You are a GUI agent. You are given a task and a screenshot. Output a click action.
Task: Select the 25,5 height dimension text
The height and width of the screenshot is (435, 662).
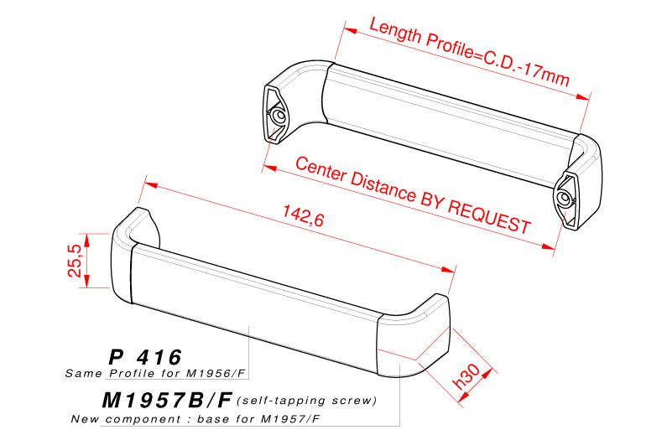pos(75,261)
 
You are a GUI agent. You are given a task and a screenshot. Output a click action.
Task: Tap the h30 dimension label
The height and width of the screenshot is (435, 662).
pos(467,373)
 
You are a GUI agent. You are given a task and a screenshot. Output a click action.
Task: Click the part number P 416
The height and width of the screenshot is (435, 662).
pos(144,356)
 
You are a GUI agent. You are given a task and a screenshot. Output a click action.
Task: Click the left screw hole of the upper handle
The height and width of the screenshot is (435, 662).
pos(277,116)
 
